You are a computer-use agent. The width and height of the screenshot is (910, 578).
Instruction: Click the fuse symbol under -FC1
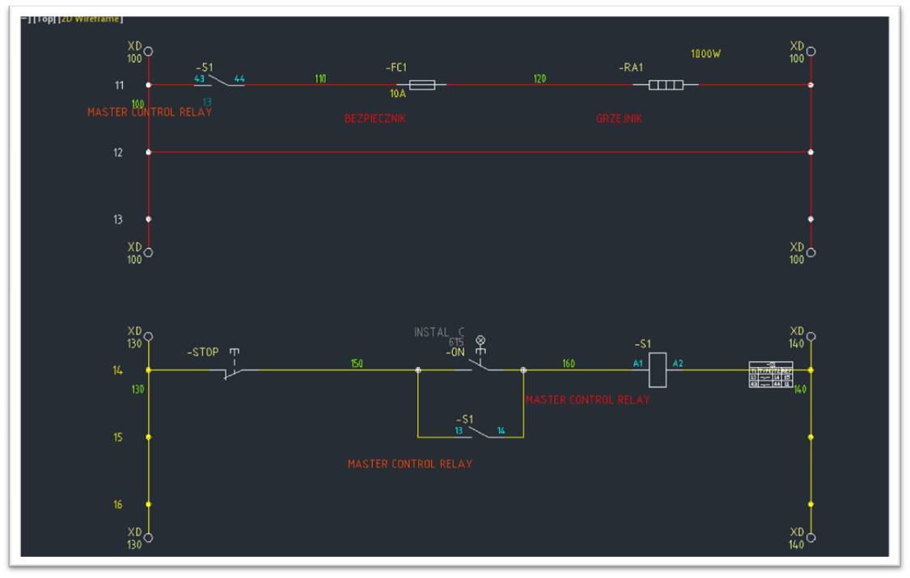pyautogui.click(x=421, y=84)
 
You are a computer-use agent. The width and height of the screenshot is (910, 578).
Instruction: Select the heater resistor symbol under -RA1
pyautogui.click(x=665, y=84)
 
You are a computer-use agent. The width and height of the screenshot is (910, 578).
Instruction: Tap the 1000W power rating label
pyautogui.click(x=705, y=54)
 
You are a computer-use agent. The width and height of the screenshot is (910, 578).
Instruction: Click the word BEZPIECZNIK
pyautogui.click(x=375, y=119)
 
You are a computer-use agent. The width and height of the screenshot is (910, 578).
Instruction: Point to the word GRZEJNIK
pyautogui.click(x=619, y=119)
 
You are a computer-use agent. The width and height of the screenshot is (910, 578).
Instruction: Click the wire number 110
pyautogui.click(x=321, y=78)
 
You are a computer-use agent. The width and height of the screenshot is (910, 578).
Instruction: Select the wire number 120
pyautogui.click(x=540, y=78)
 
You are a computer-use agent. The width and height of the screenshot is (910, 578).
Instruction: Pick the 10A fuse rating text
pyautogui.click(x=398, y=94)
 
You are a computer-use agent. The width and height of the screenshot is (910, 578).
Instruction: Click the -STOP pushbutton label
pyautogui.click(x=203, y=352)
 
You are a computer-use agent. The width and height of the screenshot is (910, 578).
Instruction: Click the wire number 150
pyautogui.click(x=357, y=364)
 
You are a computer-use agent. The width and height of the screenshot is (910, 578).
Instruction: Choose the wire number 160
pyautogui.click(x=569, y=364)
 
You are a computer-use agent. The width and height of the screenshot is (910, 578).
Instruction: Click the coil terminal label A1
pyautogui.click(x=638, y=364)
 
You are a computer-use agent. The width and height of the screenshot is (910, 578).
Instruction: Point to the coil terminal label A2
pyautogui.click(x=678, y=364)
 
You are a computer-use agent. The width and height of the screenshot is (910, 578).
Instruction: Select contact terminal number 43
pyautogui.click(x=199, y=78)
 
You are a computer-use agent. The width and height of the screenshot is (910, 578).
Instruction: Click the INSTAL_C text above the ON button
pyautogui.click(x=440, y=331)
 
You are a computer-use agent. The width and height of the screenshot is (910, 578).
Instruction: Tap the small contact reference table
pyautogui.click(x=770, y=374)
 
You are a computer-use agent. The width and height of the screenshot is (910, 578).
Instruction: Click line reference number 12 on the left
pyautogui.click(x=118, y=152)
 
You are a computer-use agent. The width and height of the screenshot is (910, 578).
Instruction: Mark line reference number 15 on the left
pyautogui.click(x=118, y=437)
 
